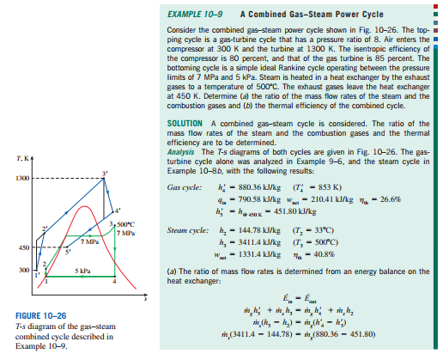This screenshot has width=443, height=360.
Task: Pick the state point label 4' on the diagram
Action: click(x=119, y=211)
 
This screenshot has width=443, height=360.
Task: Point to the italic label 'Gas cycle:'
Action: click(x=184, y=187)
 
